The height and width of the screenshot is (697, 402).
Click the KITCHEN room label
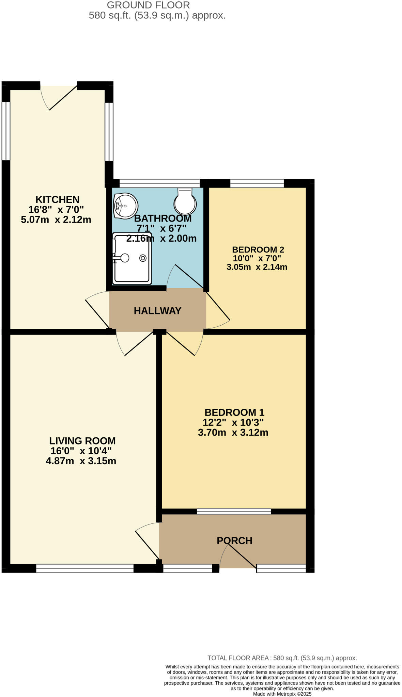[x=57, y=199]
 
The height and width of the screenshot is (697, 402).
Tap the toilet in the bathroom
[x=185, y=201]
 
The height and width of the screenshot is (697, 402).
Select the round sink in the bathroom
[x=125, y=206]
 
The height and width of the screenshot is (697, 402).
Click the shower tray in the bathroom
[x=132, y=258]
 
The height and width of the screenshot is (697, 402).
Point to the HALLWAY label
[x=157, y=311]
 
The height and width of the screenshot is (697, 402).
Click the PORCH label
[x=234, y=540]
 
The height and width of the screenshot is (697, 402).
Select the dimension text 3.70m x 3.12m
[x=233, y=433]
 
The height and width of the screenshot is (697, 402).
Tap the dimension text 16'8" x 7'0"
[x=56, y=209]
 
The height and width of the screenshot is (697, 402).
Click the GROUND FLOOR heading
[x=148, y=5]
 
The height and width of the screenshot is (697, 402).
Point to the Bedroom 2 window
[x=257, y=183]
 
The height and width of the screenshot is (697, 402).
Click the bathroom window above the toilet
[x=159, y=183]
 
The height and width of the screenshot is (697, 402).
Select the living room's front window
[x=84, y=568]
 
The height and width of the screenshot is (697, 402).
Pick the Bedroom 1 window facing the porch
[x=234, y=511]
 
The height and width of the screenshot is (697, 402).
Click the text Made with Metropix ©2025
[x=282, y=694]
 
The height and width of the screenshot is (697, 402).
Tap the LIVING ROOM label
[x=82, y=441]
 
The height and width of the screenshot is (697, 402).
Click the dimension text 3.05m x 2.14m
[x=257, y=267]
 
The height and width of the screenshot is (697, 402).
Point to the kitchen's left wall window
[x=6, y=131]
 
